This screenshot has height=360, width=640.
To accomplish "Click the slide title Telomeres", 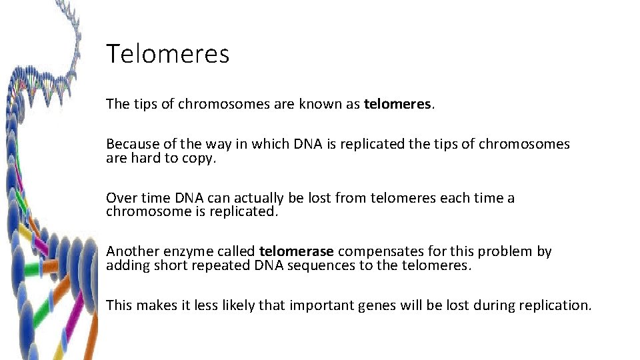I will [167, 53].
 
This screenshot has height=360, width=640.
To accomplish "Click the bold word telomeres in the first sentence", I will [397, 104].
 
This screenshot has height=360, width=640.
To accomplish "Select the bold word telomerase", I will [297, 251].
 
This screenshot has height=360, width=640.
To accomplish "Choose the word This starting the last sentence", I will [119, 305].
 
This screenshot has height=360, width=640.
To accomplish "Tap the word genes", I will [377, 305].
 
